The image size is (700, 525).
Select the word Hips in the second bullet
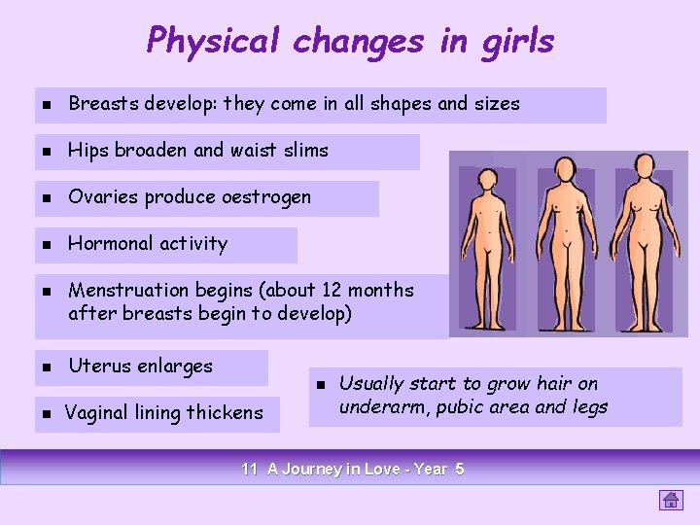88,151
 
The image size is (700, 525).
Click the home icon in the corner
670,500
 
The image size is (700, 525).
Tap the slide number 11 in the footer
249,470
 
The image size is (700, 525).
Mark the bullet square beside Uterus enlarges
46,367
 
